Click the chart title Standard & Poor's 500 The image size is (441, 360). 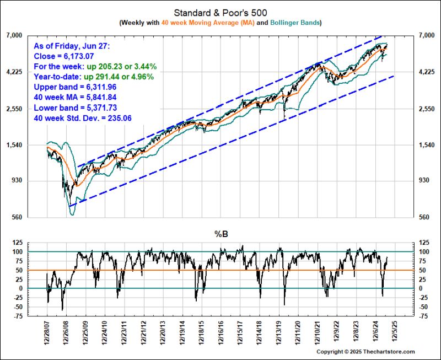[220, 12]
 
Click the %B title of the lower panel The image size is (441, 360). [220, 234]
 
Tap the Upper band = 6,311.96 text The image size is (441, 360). [78, 87]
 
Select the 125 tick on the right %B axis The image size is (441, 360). [426, 243]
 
